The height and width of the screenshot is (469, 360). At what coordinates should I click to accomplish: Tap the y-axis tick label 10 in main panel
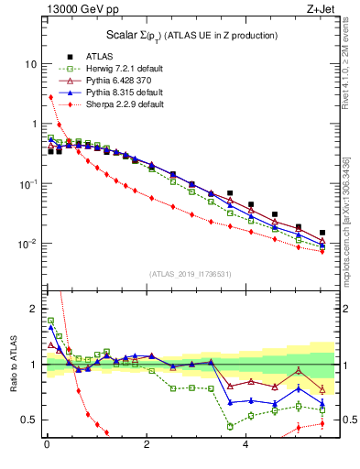click(x=30, y=64)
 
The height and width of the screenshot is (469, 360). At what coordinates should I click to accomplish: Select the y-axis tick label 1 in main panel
click(x=33, y=125)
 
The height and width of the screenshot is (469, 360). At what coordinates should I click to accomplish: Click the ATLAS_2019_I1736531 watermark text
click(x=191, y=274)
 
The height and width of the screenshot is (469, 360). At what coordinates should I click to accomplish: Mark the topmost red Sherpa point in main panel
click(x=51, y=97)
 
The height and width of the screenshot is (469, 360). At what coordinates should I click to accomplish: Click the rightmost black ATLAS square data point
click(x=322, y=234)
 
